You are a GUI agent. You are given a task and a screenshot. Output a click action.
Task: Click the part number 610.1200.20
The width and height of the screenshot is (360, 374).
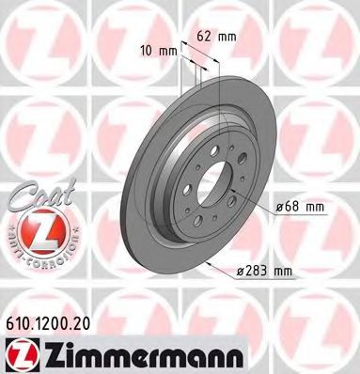pos(53,320)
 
